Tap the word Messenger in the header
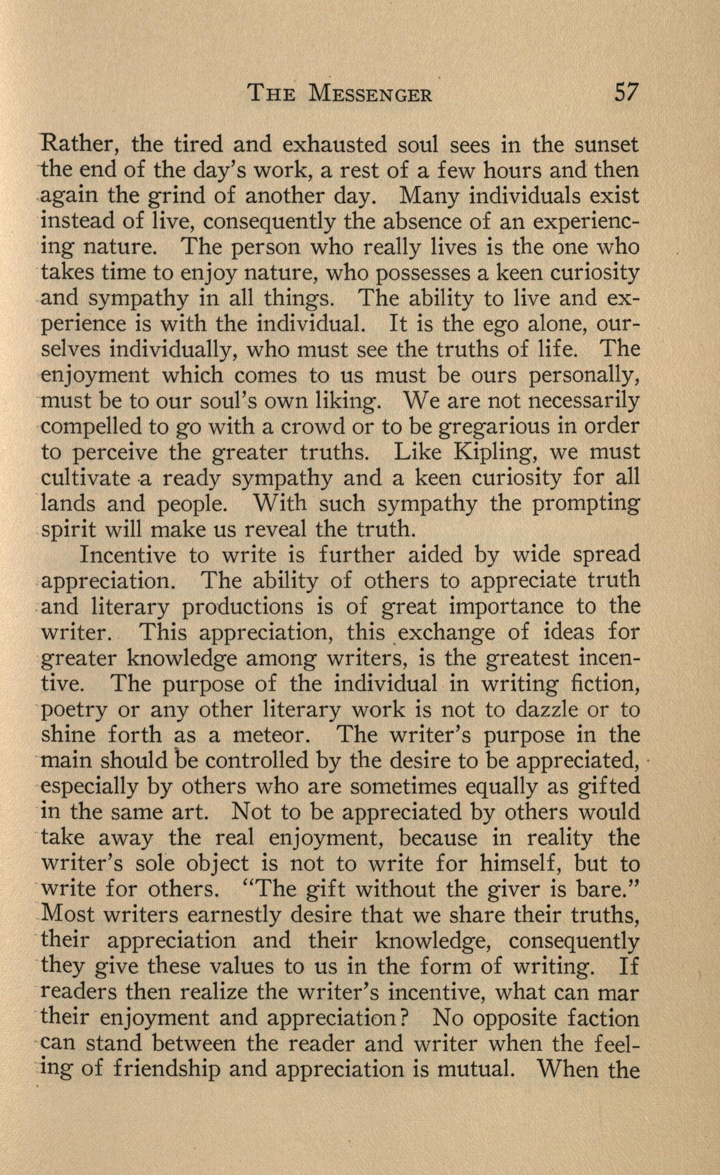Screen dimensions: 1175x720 370,93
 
